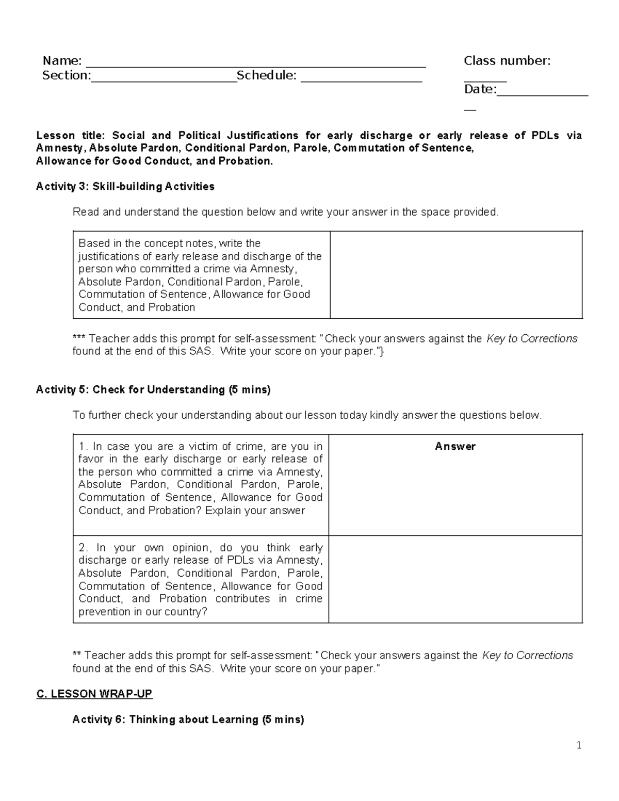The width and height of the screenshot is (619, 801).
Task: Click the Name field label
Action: [61, 61]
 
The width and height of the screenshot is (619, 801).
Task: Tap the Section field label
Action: [66, 75]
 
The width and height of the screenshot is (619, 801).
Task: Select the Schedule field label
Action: [266, 75]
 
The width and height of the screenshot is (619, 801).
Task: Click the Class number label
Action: [507, 61]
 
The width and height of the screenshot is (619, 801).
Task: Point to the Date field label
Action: [480, 89]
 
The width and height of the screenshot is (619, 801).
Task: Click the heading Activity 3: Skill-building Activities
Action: [125, 186]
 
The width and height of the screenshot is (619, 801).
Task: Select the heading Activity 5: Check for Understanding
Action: [153, 389]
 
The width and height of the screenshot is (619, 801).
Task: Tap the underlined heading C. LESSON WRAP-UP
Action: [94, 694]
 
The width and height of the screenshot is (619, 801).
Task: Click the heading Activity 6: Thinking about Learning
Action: [188, 719]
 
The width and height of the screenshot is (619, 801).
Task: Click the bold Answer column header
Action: [455, 447]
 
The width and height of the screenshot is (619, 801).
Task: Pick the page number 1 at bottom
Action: [579, 745]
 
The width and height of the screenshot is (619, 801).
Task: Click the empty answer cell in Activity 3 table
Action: [455, 275]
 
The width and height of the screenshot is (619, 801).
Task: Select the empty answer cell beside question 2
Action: [455, 580]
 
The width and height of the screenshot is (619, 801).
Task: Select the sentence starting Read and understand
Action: [286, 212]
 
